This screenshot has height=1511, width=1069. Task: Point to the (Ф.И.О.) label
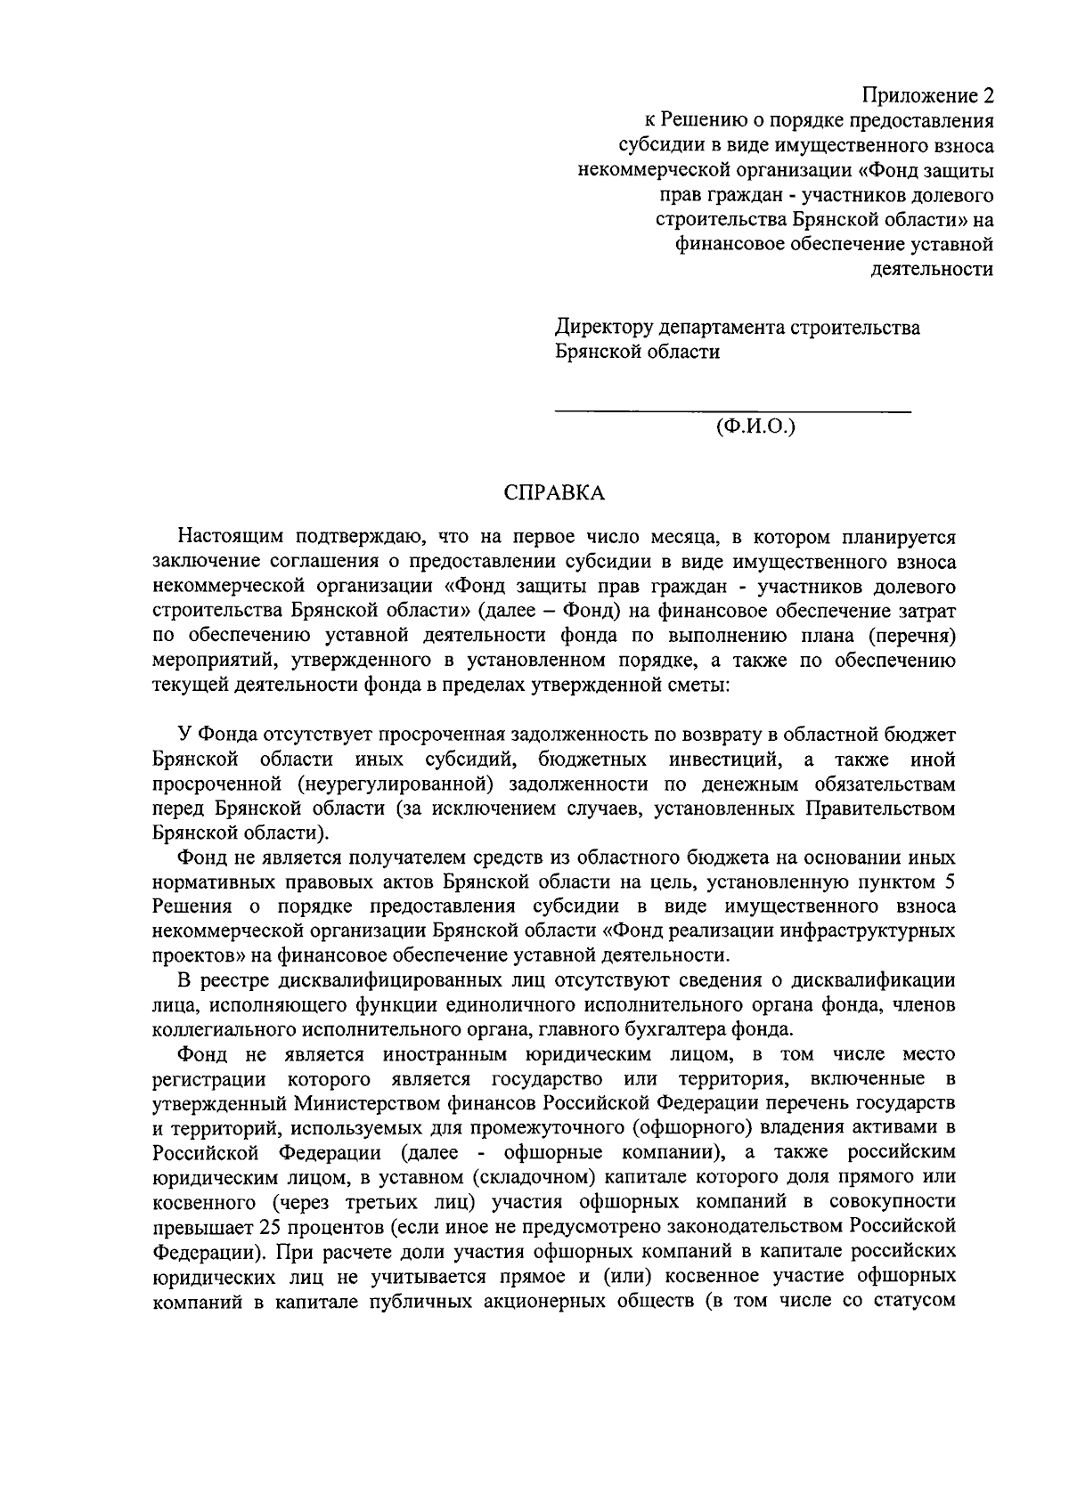pyautogui.click(x=755, y=426)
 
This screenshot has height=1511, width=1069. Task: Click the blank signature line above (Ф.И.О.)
pyautogui.click(x=732, y=410)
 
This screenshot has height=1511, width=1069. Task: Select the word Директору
pyautogui.click(x=608, y=328)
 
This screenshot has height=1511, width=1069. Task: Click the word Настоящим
pyautogui.click(x=231, y=538)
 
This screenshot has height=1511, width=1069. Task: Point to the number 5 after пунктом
pyautogui.click(x=950, y=882)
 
